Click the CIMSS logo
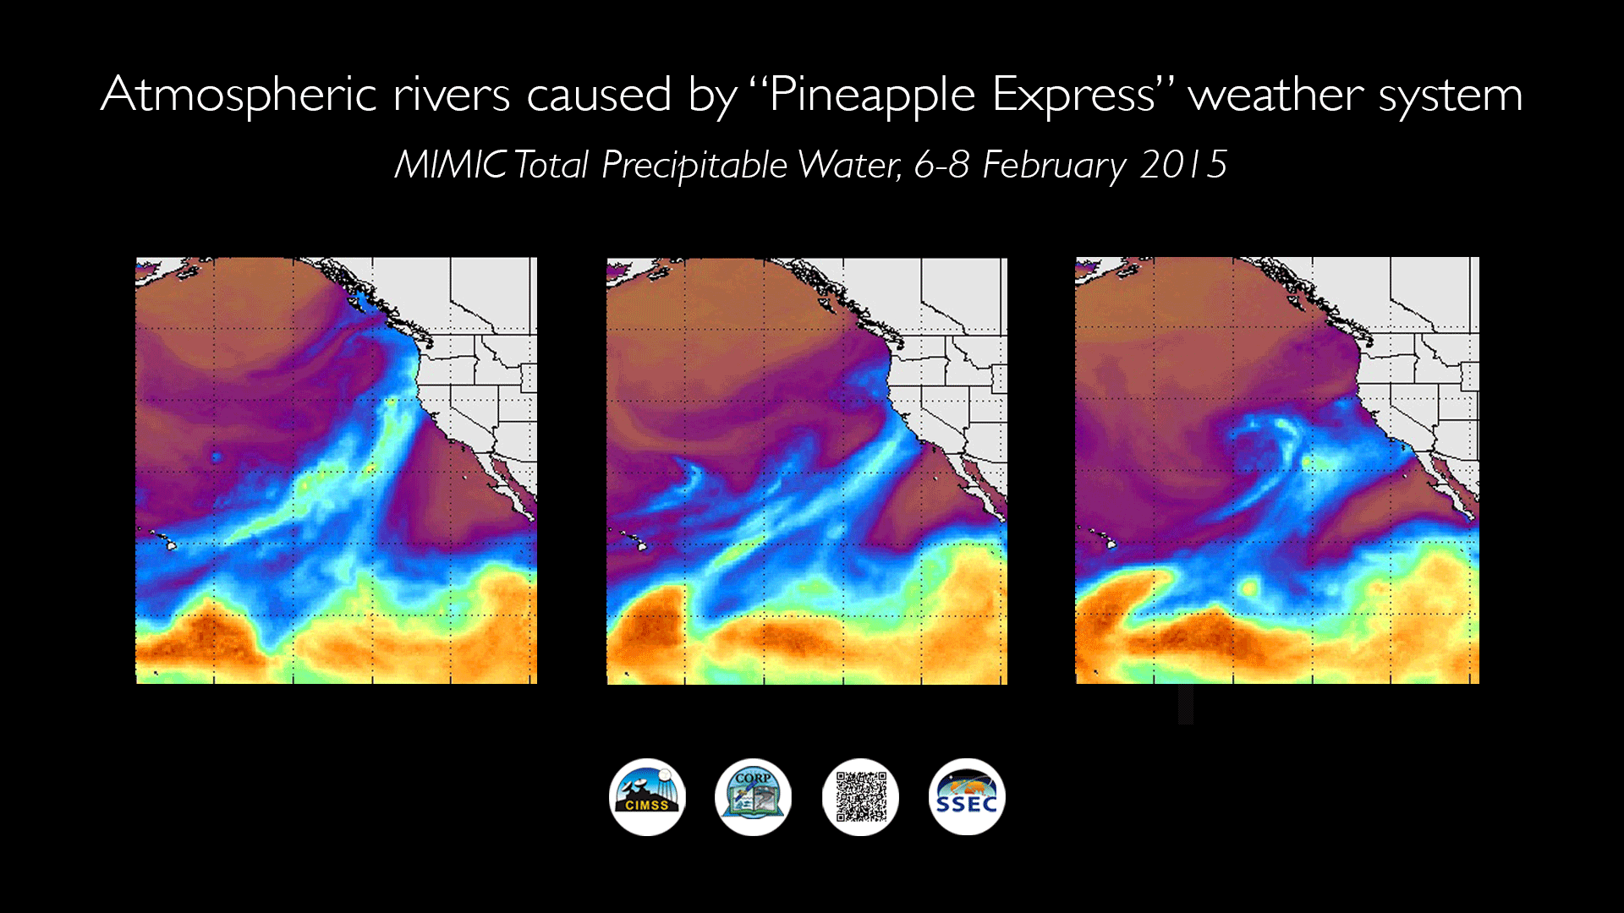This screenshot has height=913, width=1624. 647,796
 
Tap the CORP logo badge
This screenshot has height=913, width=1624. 753,796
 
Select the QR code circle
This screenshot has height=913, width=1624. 860,796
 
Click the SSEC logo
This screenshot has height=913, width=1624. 967,796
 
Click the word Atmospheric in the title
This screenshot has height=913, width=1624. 239,95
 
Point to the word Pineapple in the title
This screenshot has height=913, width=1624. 871,95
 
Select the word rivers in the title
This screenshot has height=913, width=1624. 452,95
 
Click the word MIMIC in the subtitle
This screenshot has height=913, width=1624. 451,165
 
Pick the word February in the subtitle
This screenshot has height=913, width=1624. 1054,165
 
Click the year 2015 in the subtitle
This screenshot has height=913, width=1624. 1183,165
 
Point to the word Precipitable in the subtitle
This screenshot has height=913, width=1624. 694,165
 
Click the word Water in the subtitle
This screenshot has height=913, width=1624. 850,165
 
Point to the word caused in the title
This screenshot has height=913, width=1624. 599,95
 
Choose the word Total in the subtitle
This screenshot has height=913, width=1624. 551,165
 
